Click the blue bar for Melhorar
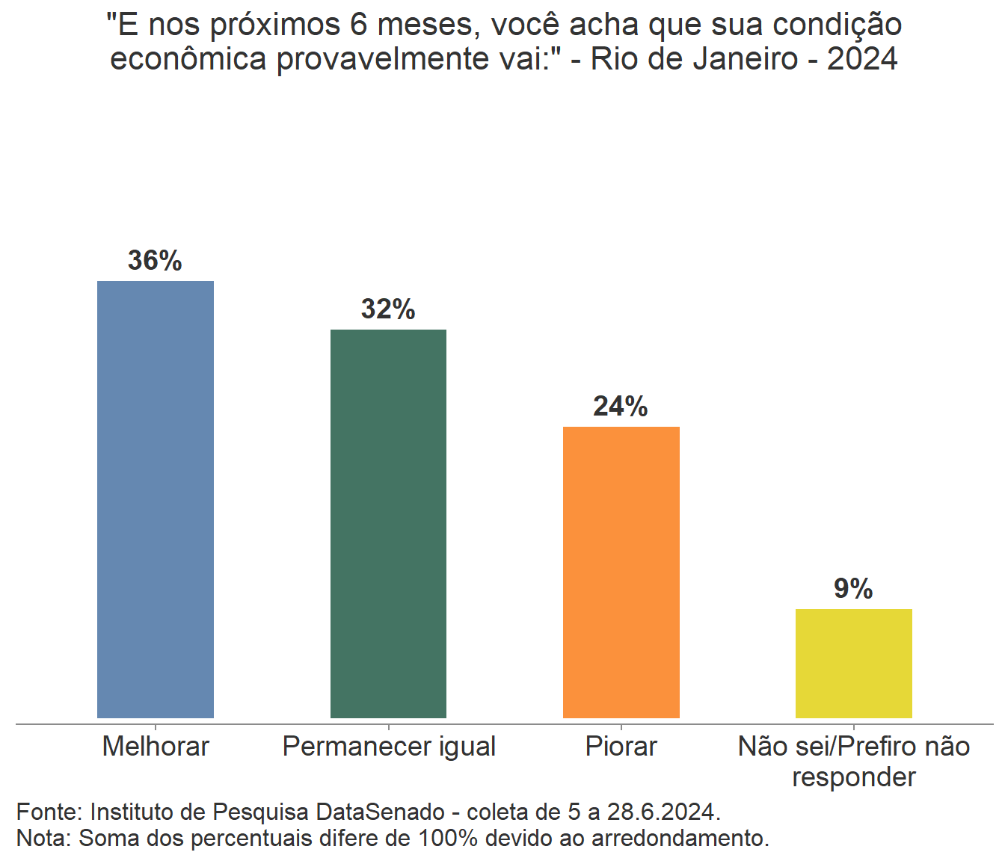[156, 499]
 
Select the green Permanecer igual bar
[388, 523]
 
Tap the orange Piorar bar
[621, 572]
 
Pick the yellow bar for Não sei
[853, 663]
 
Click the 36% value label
[155, 260]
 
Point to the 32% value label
[388, 309]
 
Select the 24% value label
[621, 406]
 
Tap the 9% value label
[853, 589]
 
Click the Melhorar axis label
[156, 746]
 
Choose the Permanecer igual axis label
[389, 746]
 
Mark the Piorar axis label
[621, 746]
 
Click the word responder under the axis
[854, 777]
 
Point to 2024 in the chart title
[862, 58]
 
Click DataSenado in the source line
[381, 812]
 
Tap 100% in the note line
[447, 838]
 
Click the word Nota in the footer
[42, 838]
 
